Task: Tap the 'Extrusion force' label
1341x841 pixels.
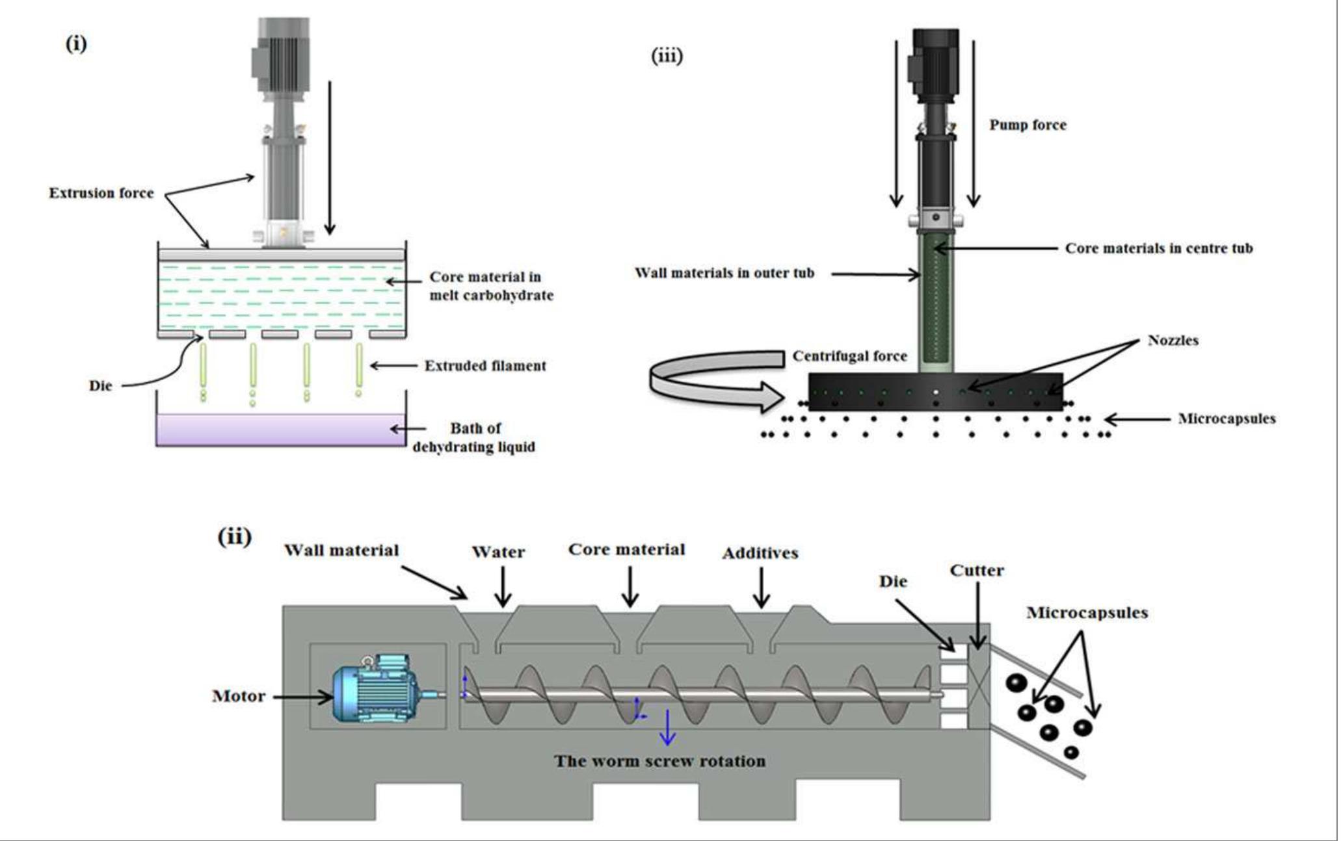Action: [x=101, y=193]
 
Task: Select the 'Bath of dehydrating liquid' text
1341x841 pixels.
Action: [x=475, y=437]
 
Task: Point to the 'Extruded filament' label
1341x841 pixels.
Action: [x=485, y=366]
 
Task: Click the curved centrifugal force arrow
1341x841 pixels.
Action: [x=715, y=380]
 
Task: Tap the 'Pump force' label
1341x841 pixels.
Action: [x=1028, y=125]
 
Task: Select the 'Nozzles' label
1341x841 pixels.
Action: [x=1173, y=340]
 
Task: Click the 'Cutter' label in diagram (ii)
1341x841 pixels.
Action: [x=976, y=571]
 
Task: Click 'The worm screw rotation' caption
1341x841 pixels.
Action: [x=659, y=761]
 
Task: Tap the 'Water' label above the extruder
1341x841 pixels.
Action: [x=498, y=552]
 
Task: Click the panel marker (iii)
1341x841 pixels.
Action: [x=667, y=57]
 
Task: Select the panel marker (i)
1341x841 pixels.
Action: [x=76, y=44]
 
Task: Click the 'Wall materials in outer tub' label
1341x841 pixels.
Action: [x=724, y=273]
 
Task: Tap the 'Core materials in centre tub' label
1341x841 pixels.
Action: [x=1158, y=248]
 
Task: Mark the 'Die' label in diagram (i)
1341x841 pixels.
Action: [x=100, y=385]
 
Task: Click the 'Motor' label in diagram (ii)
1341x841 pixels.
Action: [x=239, y=697]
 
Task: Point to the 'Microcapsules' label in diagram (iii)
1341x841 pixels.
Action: [x=1227, y=419]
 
